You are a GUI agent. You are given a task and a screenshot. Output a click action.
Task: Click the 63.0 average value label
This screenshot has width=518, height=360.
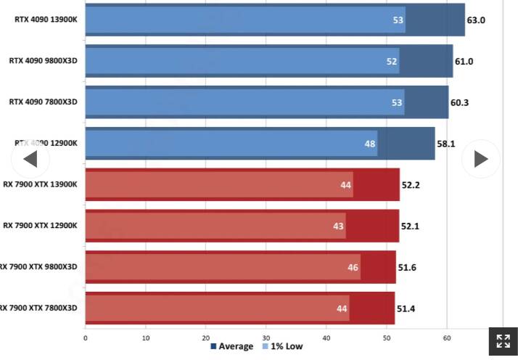point(476,20)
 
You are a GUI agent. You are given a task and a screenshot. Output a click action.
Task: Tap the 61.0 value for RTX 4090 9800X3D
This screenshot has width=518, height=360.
point(464,62)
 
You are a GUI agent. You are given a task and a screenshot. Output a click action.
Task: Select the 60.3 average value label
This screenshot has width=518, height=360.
point(459,102)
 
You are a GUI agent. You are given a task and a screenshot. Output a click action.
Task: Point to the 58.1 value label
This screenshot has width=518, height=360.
point(445,144)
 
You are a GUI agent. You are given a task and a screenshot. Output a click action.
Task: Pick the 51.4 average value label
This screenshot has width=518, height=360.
point(405,309)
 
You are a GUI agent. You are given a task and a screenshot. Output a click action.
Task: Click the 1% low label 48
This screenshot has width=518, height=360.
point(370,144)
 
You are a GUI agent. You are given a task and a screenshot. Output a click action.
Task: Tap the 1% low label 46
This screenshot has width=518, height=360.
point(353,268)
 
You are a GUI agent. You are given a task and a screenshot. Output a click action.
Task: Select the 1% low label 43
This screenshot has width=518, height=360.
point(338,226)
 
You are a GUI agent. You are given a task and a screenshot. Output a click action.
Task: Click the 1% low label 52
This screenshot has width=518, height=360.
point(392,62)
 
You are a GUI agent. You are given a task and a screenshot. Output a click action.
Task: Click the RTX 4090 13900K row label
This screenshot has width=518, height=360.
point(45,20)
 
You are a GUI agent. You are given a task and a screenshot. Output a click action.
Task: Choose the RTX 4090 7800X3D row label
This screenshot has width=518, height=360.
point(43,102)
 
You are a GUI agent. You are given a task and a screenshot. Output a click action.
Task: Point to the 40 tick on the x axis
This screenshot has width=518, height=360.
point(326,337)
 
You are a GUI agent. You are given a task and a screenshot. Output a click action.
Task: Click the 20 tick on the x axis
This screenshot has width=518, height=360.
point(206,337)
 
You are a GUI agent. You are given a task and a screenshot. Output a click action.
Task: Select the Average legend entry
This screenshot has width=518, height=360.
point(232,347)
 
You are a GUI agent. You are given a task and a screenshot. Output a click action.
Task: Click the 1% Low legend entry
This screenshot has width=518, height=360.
point(282,347)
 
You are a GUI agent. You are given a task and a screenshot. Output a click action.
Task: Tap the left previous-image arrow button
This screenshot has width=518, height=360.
point(30,159)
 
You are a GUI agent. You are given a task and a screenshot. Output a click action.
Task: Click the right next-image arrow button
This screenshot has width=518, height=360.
point(480,159)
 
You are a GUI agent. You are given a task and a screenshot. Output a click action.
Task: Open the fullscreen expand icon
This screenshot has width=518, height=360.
point(503,341)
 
